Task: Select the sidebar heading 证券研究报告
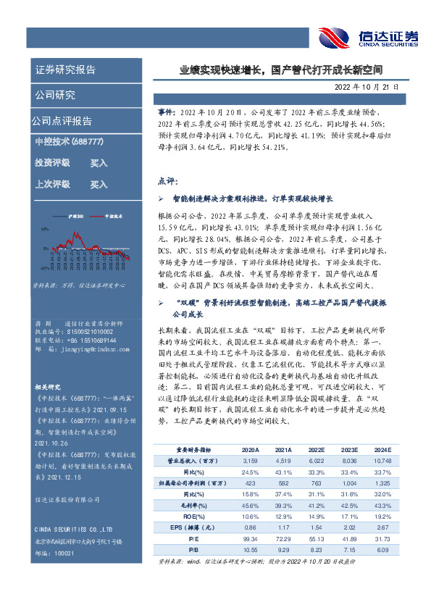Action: pyautogui.click(x=64, y=70)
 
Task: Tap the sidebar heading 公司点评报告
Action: pyautogui.click(x=62, y=120)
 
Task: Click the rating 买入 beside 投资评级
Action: pyautogui.click(x=99, y=163)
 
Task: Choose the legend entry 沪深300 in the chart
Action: pyautogui.click(x=76, y=216)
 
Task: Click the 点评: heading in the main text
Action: pyautogui.click(x=167, y=180)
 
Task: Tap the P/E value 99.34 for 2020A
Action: pyautogui.click(x=252, y=538)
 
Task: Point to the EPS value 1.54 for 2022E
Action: pyautogui.click(x=317, y=527)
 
